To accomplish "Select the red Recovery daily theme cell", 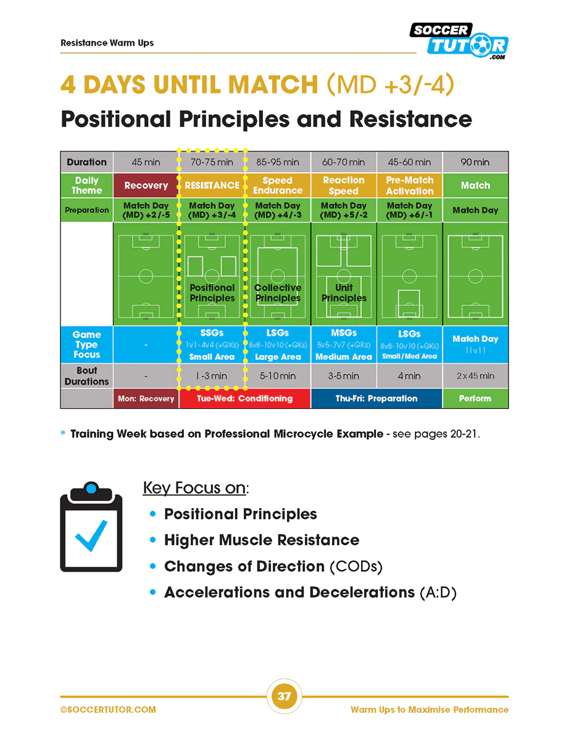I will click(x=146, y=185).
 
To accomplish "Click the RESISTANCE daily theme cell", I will click(x=212, y=185).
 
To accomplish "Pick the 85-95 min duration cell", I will click(x=278, y=162).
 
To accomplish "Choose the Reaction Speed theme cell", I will click(x=344, y=185).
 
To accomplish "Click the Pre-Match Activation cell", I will click(x=410, y=185).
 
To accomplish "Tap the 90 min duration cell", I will click(x=475, y=162).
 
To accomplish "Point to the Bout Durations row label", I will click(x=86, y=376).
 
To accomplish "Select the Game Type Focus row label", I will click(x=86, y=344).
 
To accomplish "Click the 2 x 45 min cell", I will click(x=475, y=376).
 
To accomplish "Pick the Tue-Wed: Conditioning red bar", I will click(x=244, y=398).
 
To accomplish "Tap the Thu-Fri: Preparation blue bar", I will click(x=376, y=398).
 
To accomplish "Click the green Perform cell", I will click(x=475, y=398).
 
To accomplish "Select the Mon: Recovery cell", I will click(x=146, y=398).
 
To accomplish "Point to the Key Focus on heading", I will click(x=195, y=488).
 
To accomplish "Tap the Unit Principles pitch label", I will click(x=344, y=292).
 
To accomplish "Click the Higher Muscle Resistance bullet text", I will click(x=261, y=540).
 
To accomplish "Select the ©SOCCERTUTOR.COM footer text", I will click(x=108, y=710).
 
